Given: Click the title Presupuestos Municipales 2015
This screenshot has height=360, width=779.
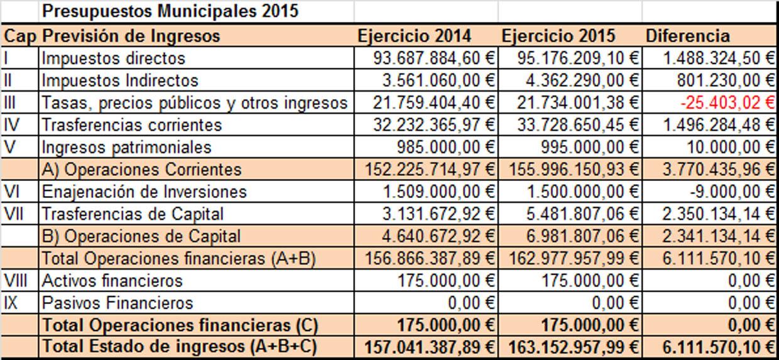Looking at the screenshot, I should pyautogui.click(x=170, y=11).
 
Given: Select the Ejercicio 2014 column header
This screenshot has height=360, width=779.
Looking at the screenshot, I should pyautogui.click(x=415, y=36).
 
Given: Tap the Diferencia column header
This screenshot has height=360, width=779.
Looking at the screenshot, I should pyautogui.click(x=688, y=36).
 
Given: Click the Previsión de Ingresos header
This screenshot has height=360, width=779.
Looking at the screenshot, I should pyautogui.click(x=131, y=36).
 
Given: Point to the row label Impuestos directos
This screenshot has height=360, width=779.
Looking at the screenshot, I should pyautogui.click(x=113, y=58).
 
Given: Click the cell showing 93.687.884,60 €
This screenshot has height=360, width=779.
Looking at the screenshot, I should pyautogui.click(x=434, y=58).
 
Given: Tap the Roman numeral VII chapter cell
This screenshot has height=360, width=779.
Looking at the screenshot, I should pyautogui.click(x=13, y=214).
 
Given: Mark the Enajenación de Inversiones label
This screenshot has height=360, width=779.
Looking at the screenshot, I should pyautogui.click(x=144, y=192).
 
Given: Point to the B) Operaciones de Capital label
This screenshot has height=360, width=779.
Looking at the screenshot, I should pyautogui.click(x=140, y=236).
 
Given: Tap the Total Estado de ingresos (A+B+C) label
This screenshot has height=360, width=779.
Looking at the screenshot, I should pyautogui.click(x=179, y=346).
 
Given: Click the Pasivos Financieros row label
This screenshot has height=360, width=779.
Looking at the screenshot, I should pyautogui.click(x=126, y=303).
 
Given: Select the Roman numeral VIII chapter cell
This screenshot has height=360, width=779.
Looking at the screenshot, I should pyautogui.click(x=15, y=280).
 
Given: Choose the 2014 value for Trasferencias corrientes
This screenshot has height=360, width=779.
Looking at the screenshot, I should pyautogui.click(x=434, y=125).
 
